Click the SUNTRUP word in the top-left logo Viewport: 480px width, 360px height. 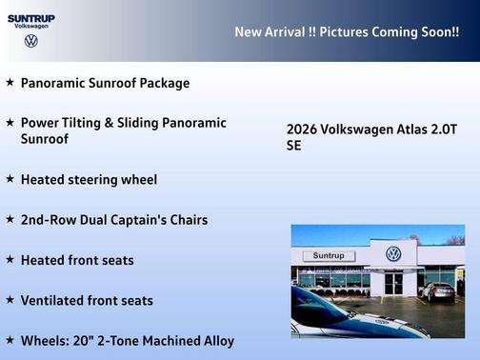(x=30, y=17)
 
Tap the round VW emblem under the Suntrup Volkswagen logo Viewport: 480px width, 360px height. (x=30, y=41)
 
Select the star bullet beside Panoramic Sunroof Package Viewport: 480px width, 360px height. (x=10, y=83)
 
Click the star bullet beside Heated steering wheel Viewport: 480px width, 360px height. (x=10, y=178)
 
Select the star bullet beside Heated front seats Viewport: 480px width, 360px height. (x=10, y=259)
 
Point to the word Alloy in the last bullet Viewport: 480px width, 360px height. (x=215, y=341)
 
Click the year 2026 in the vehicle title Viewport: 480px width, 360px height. (x=302, y=130)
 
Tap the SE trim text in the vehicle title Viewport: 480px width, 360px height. (x=293, y=147)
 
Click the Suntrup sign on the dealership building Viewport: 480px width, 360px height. (x=328, y=256)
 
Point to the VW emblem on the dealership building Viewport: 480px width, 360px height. (x=393, y=254)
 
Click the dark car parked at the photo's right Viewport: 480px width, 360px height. (x=438, y=290)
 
